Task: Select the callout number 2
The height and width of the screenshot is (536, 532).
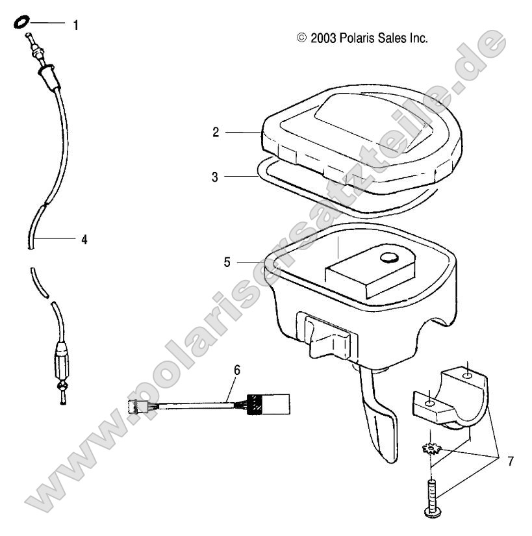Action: click(216, 133)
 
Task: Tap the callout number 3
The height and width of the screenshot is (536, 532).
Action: click(216, 175)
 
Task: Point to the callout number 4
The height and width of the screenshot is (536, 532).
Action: click(84, 240)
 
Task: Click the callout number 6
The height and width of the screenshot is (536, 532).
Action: click(237, 370)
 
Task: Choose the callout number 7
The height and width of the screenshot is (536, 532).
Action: click(510, 461)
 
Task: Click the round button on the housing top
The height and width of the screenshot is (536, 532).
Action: click(388, 258)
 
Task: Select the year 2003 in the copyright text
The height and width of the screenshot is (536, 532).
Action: click(323, 38)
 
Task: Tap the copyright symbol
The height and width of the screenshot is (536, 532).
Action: click(301, 38)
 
